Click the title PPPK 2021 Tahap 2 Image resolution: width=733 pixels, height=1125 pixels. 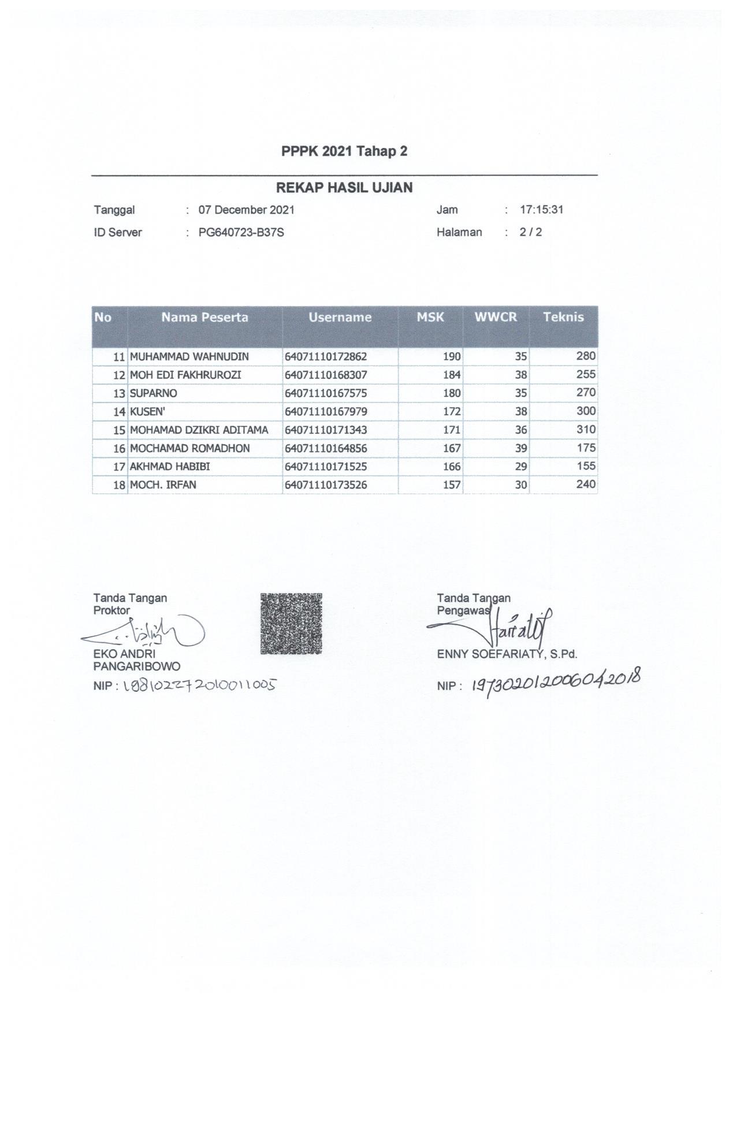point(344,151)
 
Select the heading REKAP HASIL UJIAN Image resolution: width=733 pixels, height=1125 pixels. point(344,188)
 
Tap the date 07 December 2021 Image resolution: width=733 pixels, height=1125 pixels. point(246,210)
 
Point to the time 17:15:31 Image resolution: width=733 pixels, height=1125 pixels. point(541,210)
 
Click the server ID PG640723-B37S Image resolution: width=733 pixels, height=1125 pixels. point(241,233)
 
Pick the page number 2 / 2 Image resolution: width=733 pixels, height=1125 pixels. point(531,233)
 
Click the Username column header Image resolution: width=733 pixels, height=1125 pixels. point(340,317)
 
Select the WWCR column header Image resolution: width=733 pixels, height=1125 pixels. point(496,317)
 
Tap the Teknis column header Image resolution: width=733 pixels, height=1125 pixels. point(563,317)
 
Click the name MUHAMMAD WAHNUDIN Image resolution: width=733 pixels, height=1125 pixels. point(189,356)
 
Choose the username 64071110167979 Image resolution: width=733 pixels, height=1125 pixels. point(326,412)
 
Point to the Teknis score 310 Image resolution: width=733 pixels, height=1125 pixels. point(586,430)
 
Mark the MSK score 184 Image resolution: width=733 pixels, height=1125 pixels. point(452,375)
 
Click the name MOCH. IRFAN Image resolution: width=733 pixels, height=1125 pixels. point(163,485)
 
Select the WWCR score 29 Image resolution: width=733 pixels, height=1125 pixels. point(521,467)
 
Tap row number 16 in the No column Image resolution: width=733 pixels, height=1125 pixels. point(120,449)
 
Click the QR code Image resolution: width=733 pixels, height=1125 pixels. point(291,623)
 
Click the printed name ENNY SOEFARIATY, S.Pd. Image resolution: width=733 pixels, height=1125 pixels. point(507,654)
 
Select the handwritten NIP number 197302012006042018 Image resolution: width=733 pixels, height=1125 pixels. point(556,683)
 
